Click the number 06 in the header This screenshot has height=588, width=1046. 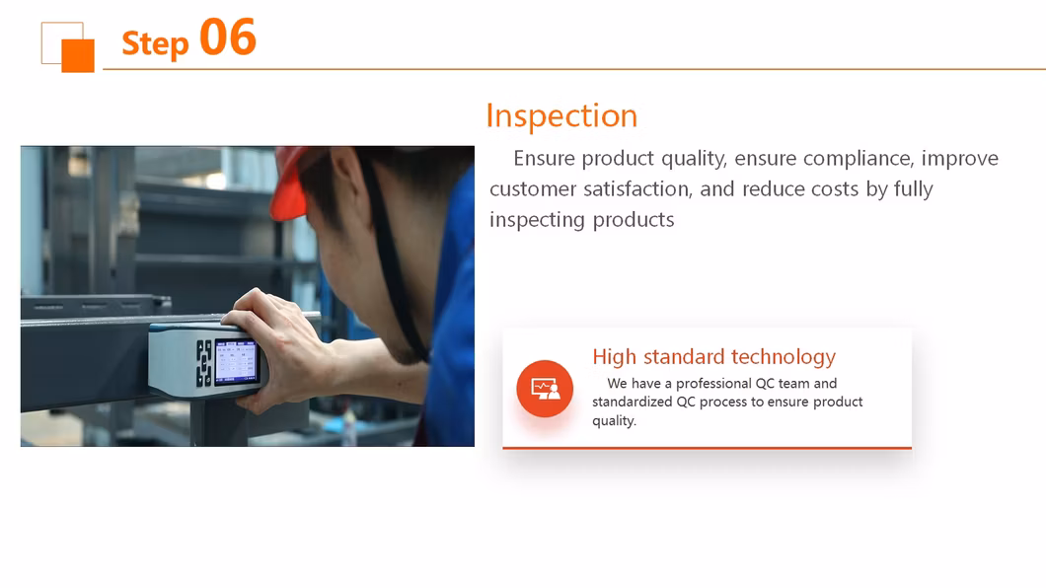pos(228,37)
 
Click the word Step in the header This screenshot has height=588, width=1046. pos(156,44)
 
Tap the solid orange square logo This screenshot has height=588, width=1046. pos(78,55)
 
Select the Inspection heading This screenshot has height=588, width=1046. pos(561,116)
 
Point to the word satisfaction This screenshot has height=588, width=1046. pos(637,189)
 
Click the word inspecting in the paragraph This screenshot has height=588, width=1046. pos(537,221)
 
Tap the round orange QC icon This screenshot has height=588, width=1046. pos(545,389)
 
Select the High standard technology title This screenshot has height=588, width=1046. pos(713,357)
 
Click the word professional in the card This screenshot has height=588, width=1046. pos(713,384)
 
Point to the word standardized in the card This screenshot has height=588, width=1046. pos(633,402)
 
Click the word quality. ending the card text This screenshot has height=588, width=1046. pos(615,420)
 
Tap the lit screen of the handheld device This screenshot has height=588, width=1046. pos(236,361)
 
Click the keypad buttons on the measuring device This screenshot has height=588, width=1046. pos(203,363)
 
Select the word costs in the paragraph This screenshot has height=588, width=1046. pos(835,189)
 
